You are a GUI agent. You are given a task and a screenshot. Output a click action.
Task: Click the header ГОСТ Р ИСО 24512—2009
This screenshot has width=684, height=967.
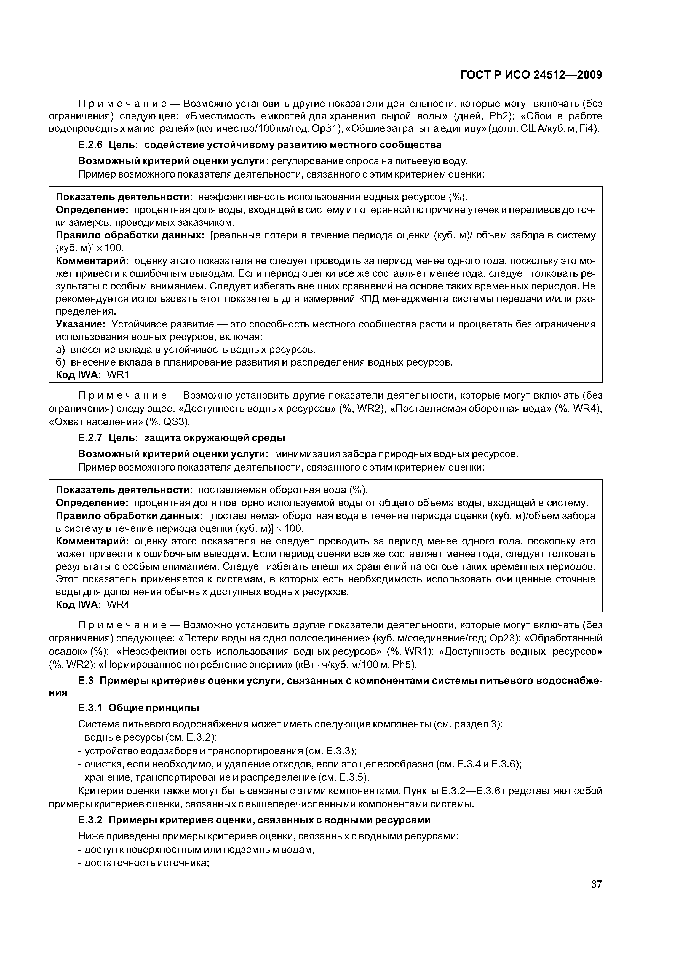pyautogui.click(x=531, y=75)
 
